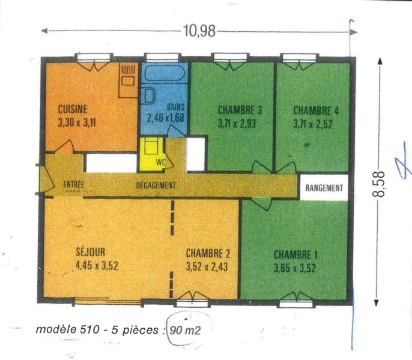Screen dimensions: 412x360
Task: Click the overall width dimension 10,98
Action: (199, 31)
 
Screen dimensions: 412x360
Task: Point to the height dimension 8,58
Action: (378, 184)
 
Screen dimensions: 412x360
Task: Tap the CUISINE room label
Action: (73, 109)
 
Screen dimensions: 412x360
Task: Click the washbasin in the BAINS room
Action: (149, 96)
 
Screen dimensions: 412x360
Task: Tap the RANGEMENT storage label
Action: (324, 188)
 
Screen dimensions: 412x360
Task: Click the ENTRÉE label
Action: (73, 184)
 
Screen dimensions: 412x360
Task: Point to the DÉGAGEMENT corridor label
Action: (156, 185)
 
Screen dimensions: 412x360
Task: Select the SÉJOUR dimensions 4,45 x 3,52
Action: (97, 266)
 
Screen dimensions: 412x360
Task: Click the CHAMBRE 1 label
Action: (295, 255)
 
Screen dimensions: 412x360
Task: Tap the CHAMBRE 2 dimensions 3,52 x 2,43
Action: (207, 267)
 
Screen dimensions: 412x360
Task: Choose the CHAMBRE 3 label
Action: (240, 110)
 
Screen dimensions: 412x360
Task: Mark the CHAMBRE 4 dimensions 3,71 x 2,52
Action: (313, 124)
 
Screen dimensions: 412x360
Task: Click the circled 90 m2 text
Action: (185, 330)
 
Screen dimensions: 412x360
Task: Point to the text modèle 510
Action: (67, 329)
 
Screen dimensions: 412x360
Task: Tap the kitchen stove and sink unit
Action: (129, 80)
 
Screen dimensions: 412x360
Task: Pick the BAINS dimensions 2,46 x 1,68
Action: (165, 118)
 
